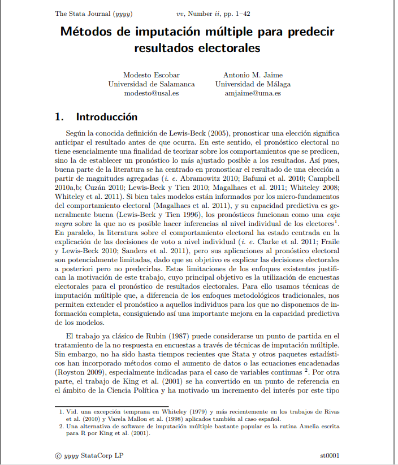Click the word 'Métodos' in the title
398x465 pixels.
tap(85, 31)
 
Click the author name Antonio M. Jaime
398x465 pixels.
tap(253, 75)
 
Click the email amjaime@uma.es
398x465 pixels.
tap(253, 93)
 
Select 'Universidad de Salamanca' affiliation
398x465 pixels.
tap(152, 84)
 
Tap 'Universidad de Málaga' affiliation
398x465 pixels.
tap(253, 84)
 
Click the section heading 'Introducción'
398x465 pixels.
tap(107, 118)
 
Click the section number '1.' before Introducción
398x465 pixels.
tap(59, 118)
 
